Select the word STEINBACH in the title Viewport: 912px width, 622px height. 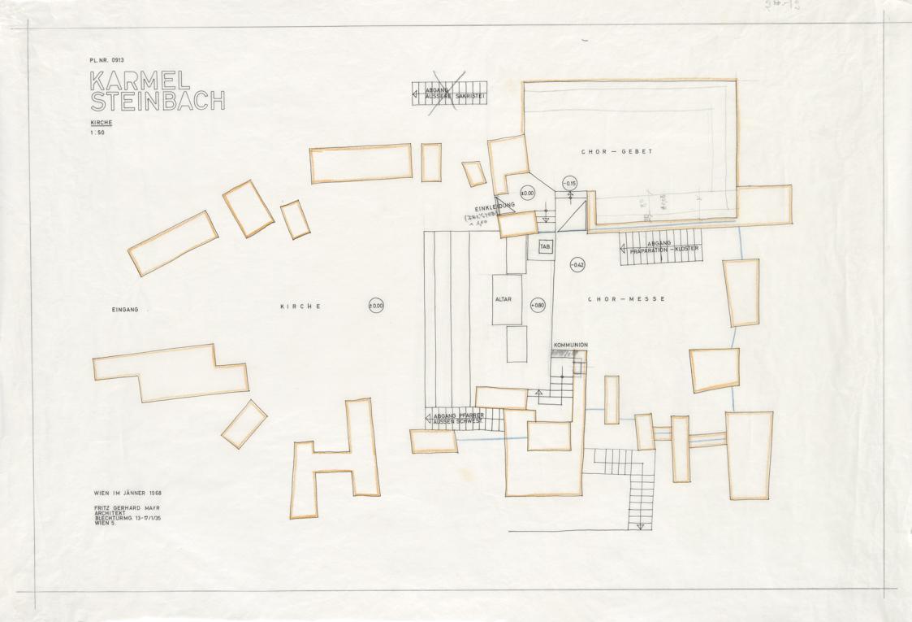pos(157,102)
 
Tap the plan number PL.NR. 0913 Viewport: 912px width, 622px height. pos(107,60)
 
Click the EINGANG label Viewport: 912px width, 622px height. pos(126,310)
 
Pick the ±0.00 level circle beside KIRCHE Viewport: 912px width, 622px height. pos(376,306)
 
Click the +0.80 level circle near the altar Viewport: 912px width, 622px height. pos(538,305)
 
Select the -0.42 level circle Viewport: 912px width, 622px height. pos(577,264)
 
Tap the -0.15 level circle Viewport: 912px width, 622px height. pos(569,183)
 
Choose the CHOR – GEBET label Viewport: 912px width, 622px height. pos(616,151)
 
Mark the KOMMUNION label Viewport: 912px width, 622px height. pos(570,345)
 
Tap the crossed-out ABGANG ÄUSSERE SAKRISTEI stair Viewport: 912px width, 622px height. pos(454,94)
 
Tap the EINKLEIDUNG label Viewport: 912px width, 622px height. pos(495,207)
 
